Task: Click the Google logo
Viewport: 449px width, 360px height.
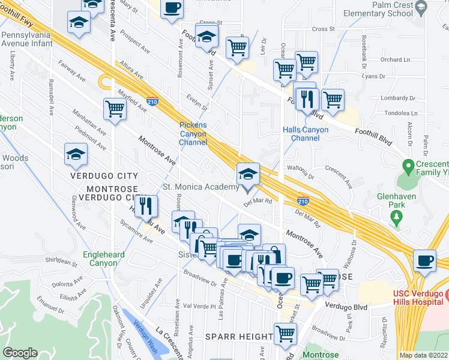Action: click(x=20, y=353)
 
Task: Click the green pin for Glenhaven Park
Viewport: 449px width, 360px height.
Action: click(x=396, y=217)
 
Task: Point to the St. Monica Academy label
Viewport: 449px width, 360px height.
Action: click(x=201, y=187)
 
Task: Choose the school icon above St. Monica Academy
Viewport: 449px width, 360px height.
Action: click(x=248, y=175)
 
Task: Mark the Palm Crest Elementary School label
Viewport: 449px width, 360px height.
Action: click(x=392, y=8)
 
